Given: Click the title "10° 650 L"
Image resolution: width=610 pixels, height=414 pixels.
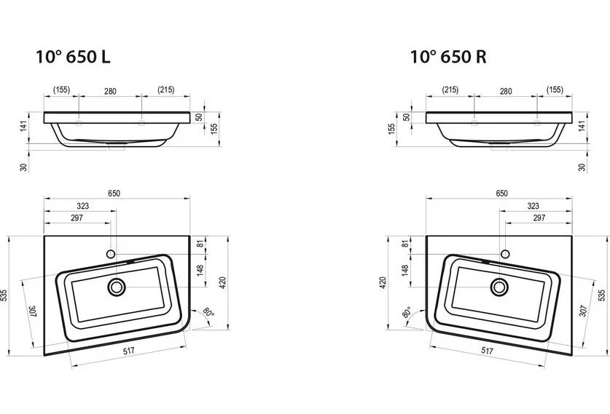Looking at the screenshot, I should click(74, 57).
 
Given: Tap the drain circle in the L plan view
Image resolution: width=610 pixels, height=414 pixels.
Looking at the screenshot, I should click(116, 287).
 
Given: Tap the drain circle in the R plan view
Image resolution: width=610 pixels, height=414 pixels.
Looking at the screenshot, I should click(500, 286).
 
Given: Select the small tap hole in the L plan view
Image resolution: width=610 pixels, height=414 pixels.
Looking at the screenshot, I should click(111, 254).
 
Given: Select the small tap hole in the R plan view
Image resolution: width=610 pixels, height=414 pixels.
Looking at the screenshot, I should click(504, 254).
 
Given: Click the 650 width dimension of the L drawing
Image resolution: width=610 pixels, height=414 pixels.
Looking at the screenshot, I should click(114, 194).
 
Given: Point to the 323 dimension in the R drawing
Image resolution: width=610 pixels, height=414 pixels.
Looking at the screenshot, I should click(533, 207).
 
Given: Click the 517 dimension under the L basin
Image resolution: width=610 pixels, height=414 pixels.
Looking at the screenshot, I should click(128, 351).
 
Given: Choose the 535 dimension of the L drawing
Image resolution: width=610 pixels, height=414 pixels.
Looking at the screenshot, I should click(5, 295).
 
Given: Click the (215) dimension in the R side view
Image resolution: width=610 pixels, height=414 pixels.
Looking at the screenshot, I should click(450, 90).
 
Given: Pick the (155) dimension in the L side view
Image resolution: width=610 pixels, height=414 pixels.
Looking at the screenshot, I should click(62, 90).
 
